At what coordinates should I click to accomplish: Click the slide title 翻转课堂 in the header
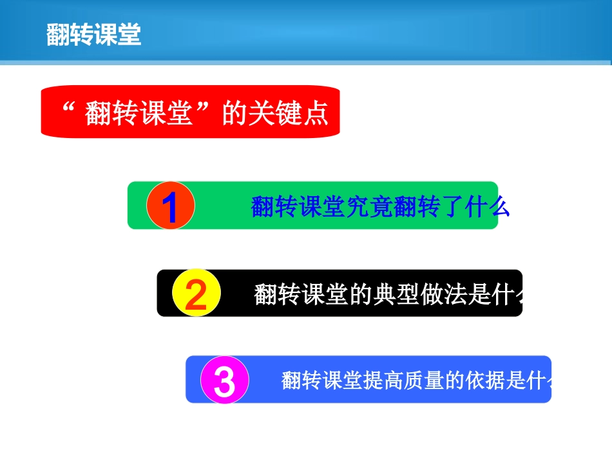tap(94, 35)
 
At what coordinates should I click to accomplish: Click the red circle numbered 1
tap(170, 206)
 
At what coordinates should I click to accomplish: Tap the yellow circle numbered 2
tap(196, 294)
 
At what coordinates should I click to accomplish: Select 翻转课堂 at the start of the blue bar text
tap(318, 381)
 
